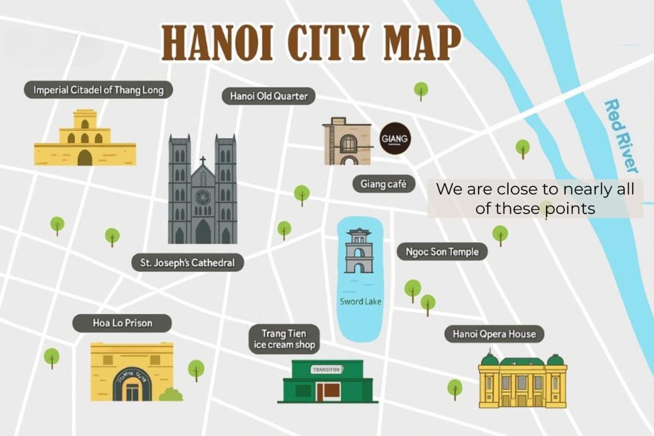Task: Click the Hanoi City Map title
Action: [x=311, y=43]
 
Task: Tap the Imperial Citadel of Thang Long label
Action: [x=98, y=90]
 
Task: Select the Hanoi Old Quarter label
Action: [x=268, y=96]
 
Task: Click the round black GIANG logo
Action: [x=394, y=139]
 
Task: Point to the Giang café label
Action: [x=383, y=184]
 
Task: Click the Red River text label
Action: [x=621, y=136]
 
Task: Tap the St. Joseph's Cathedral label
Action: [x=188, y=263]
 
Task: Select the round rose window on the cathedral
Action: [x=203, y=197]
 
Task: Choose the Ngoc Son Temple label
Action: [x=442, y=251]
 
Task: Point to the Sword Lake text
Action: [x=360, y=302]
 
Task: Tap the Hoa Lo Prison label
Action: [x=122, y=323]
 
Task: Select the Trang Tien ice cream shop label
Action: [x=285, y=339]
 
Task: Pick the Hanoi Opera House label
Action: [x=494, y=334]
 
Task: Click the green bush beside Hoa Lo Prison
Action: [x=172, y=394]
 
